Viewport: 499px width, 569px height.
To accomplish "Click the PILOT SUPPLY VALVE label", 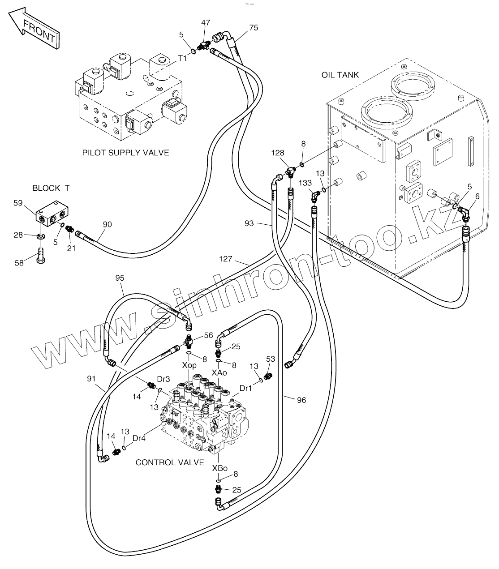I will click(125, 153).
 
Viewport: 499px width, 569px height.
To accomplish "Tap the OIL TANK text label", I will click(340, 75).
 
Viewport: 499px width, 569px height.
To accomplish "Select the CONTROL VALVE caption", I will click(170, 462).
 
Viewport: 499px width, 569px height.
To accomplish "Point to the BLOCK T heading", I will click(51, 188).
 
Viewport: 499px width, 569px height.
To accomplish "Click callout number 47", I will click(206, 22).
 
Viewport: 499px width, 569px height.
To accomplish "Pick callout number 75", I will click(254, 28).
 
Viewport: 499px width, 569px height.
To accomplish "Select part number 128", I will click(278, 153).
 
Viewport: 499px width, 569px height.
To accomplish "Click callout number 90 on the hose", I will click(107, 224).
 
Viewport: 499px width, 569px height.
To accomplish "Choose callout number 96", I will click(301, 400).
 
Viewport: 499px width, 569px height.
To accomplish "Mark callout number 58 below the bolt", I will click(19, 263).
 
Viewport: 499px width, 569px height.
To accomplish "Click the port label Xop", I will click(189, 365).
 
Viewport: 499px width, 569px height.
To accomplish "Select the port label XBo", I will click(219, 468).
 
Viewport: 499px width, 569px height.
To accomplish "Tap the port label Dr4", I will click(139, 438).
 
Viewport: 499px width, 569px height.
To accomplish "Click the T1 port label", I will click(182, 58).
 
